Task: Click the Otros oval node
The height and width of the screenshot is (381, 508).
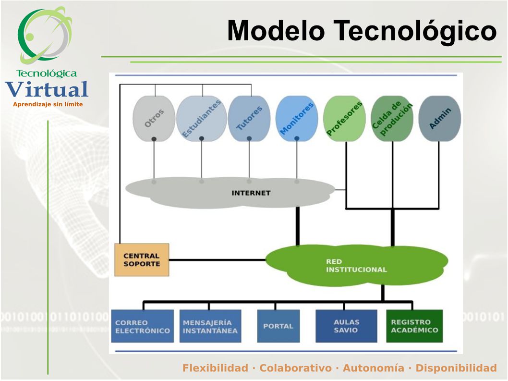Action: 154,118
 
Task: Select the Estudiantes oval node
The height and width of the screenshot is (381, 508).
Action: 202,118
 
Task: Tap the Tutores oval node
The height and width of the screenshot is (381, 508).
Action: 249,118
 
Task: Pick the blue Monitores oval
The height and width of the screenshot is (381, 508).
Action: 297,118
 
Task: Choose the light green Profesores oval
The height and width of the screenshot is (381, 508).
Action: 344,118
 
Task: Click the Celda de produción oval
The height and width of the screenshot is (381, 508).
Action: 392,118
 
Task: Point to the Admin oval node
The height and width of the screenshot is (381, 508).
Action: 440,118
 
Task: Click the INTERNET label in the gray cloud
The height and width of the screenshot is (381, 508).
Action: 251,193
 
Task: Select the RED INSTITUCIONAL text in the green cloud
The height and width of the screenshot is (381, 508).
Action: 356,266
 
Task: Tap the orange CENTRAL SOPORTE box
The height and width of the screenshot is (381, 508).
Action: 142,260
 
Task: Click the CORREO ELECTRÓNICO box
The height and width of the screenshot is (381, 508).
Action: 143,326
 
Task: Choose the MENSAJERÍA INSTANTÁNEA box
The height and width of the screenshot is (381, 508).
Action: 210,326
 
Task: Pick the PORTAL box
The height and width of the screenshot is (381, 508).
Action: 278,326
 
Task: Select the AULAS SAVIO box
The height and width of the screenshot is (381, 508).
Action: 346,326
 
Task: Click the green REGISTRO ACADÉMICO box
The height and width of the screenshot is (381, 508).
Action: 414,326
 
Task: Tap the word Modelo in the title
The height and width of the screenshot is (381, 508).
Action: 276,31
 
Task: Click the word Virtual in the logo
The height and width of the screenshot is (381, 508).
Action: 47,89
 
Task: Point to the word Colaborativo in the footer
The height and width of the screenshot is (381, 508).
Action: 295,368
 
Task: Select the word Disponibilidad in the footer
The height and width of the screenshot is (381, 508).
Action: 456,368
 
